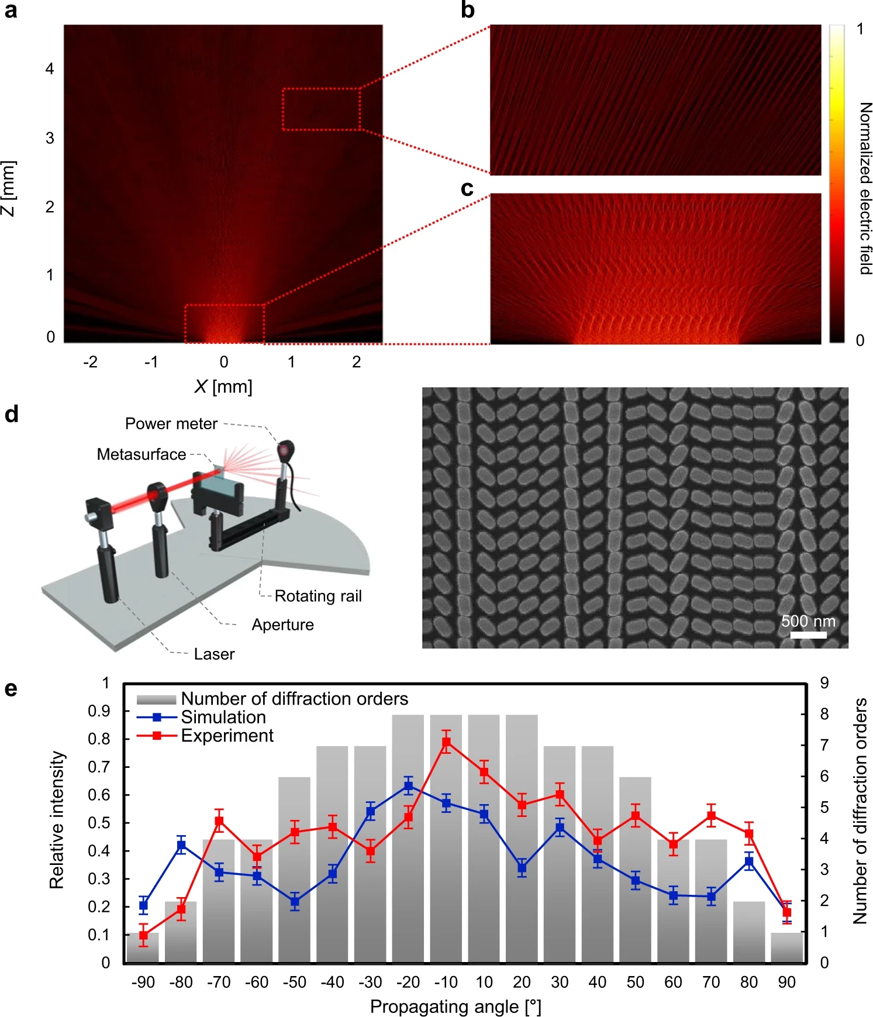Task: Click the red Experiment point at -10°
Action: [446, 743]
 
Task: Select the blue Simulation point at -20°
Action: [409, 786]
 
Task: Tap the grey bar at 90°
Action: [786, 947]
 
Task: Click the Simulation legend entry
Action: [223, 717]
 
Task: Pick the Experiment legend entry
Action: [227, 735]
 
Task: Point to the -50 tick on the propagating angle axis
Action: [295, 982]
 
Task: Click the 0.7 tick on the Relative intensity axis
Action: [99, 767]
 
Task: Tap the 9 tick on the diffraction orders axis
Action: [824, 682]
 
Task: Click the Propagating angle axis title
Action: [456, 1006]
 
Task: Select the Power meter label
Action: [171, 423]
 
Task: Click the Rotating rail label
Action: [318, 596]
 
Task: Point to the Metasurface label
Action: [142, 454]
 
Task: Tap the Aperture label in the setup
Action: [282, 625]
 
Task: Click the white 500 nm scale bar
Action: [808, 635]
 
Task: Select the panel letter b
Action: [468, 10]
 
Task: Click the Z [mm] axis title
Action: [8, 188]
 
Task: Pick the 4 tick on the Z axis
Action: [50, 69]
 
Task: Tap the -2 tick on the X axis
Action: [90, 362]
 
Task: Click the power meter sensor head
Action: [287, 451]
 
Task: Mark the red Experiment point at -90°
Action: [143, 935]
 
